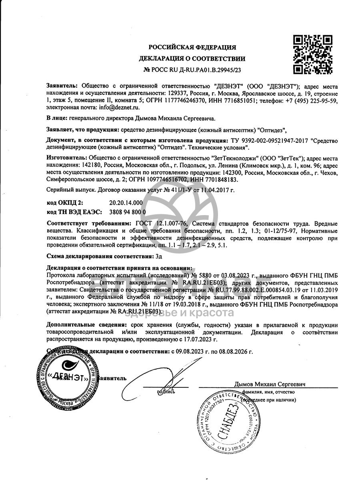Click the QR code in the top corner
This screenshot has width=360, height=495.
pos(313,54)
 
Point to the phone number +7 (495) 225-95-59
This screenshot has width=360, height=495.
pos(314,101)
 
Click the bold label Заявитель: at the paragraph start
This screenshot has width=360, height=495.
pos(63,86)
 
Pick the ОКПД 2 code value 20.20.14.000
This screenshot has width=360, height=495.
pos(126,203)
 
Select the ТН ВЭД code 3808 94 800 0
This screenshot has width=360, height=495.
pos(128,212)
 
